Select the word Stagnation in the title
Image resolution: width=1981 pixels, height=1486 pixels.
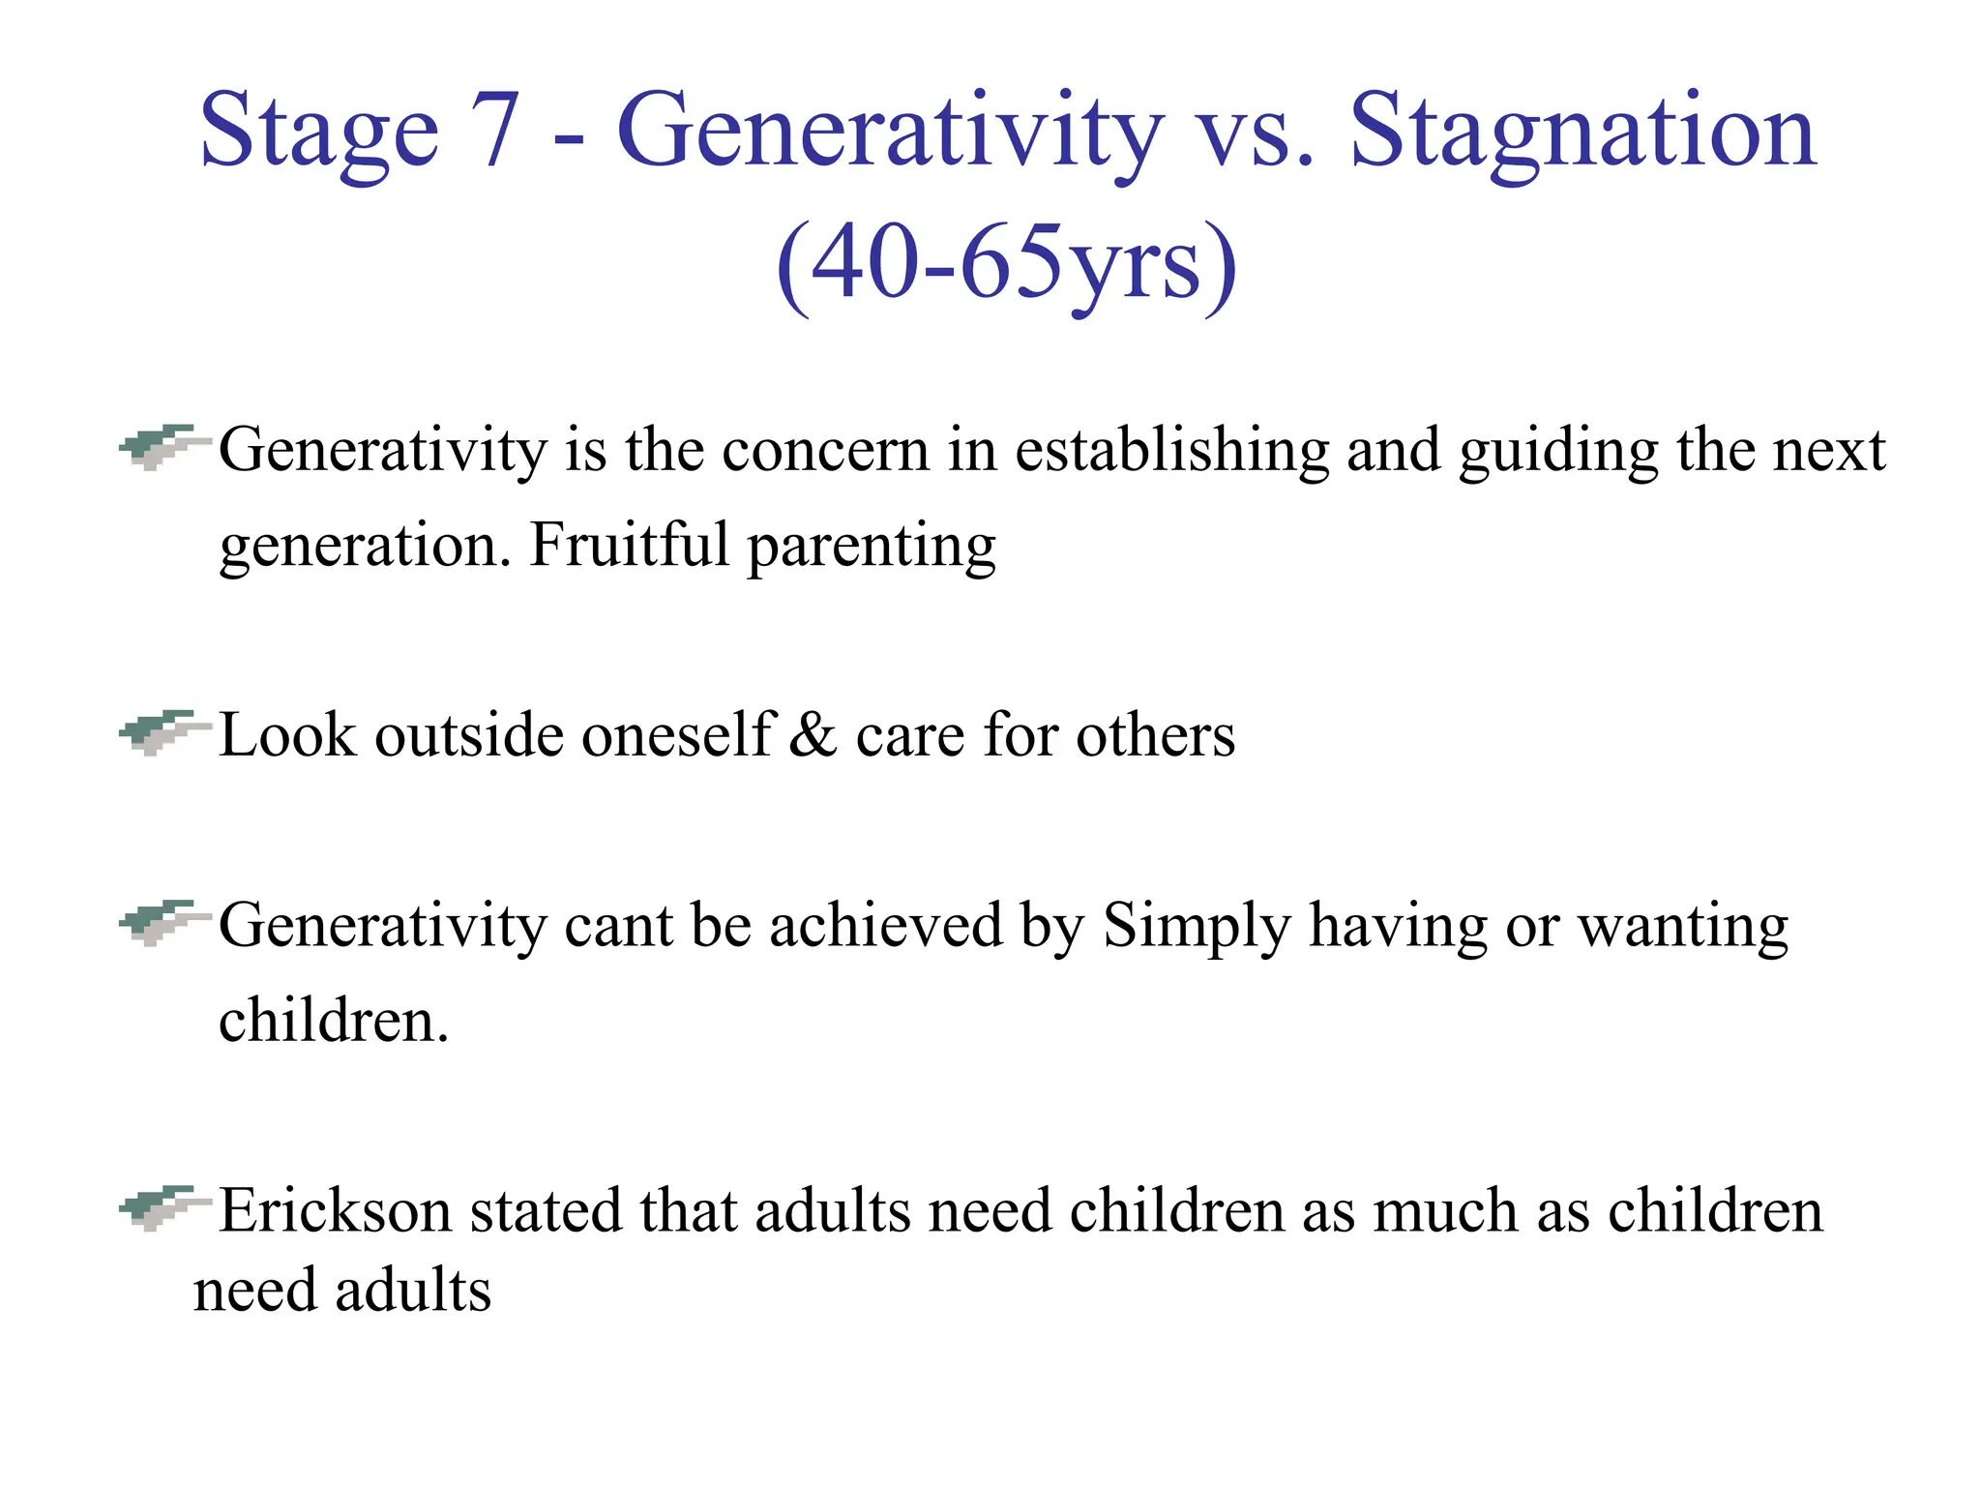(x=1582, y=130)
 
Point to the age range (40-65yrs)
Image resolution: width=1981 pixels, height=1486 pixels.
(x=1006, y=263)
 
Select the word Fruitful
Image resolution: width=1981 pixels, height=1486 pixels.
(x=629, y=544)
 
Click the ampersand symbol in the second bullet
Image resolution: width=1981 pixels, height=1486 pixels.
(x=813, y=735)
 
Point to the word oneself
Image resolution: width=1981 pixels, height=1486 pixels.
(x=676, y=735)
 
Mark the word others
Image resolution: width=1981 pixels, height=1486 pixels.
(x=1155, y=735)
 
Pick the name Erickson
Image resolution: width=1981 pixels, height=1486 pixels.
(x=336, y=1211)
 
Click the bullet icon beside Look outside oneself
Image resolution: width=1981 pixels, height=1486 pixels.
(x=163, y=732)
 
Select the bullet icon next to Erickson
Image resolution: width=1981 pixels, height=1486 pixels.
(x=163, y=1207)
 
